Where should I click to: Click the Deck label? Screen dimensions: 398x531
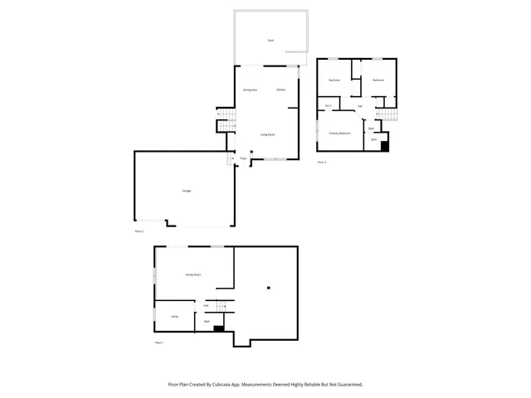[x=270, y=40]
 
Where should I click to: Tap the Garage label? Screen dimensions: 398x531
[x=187, y=191]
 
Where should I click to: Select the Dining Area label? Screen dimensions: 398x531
[x=248, y=90]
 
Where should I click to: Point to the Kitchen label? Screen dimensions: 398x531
[x=280, y=90]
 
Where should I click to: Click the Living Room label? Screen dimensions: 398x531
[x=268, y=133]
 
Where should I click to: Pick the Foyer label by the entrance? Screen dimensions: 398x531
[x=243, y=158]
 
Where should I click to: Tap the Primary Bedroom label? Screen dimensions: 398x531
[x=339, y=133]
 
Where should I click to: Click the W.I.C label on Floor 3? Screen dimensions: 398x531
[x=329, y=105]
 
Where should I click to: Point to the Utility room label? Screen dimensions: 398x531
[x=175, y=316]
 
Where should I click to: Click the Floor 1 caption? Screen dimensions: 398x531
[x=159, y=342]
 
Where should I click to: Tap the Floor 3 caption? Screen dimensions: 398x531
[x=322, y=162]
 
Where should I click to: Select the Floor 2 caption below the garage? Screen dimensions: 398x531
[x=139, y=231]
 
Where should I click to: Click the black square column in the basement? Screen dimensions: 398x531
[x=269, y=288]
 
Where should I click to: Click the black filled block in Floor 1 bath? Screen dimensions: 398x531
[x=219, y=328]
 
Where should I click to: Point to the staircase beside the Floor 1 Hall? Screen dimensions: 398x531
[x=222, y=305]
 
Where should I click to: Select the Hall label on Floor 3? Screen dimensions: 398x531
[x=360, y=106]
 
